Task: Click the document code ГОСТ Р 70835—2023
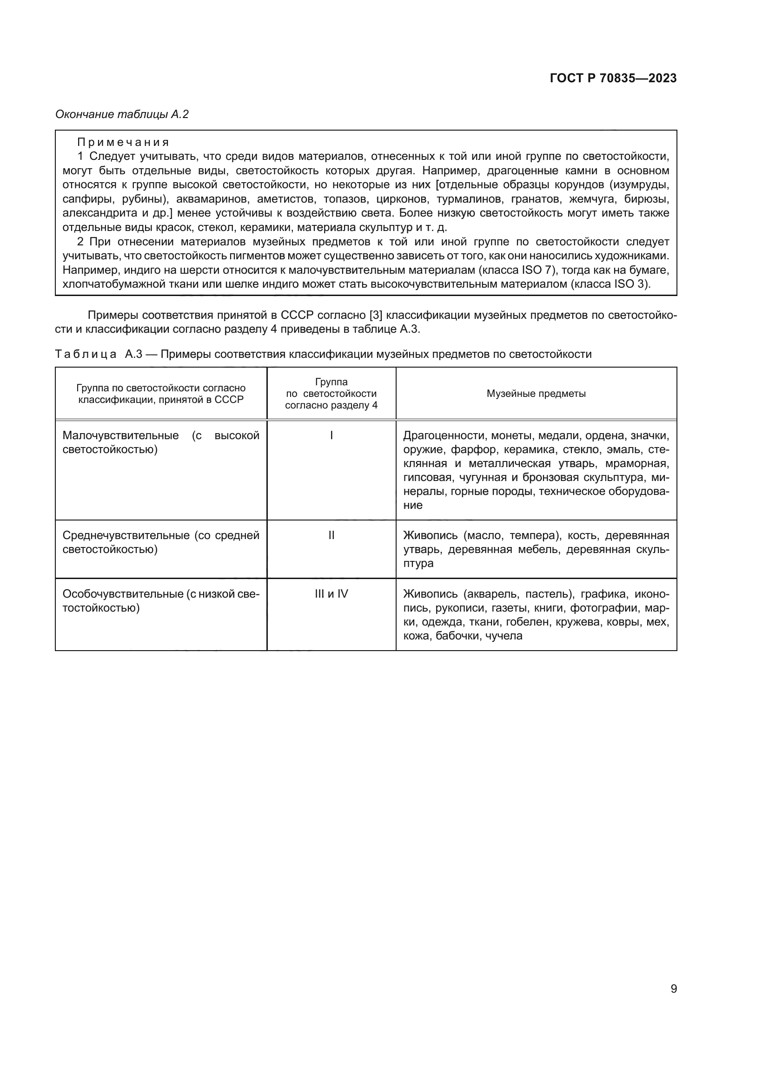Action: tap(613, 79)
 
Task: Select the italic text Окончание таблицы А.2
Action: tap(122, 114)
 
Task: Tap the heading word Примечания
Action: tap(123, 142)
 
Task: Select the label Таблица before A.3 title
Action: tap(86, 354)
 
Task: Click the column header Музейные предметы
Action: tap(536, 394)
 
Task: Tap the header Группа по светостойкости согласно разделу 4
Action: tap(331, 394)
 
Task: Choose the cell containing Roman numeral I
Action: tap(331, 435)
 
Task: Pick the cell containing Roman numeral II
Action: tap(331, 535)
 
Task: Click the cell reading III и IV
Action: tap(331, 593)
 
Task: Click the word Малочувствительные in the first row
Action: tap(120, 435)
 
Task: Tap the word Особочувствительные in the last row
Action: tap(122, 593)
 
